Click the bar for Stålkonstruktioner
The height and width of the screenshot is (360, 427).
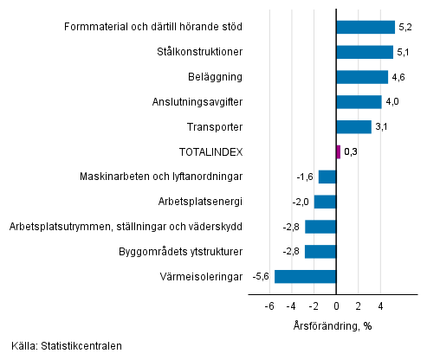click(x=365, y=52)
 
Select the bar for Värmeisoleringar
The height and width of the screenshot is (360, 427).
click(x=305, y=277)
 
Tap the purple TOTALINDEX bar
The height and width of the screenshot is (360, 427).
click(x=338, y=151)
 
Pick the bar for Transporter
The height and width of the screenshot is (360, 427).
click(x=353, y=127)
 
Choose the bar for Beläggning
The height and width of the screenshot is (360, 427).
click(x=362, y=77)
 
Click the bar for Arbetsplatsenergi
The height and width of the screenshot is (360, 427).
click(x=325, y=202)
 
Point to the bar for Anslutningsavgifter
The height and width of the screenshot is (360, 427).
click(x=359, y=102)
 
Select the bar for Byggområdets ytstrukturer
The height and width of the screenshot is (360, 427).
click(x=320, y=252)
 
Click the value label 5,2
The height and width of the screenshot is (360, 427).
click(x=405, y=28)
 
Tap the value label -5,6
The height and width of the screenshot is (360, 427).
click(x=261, y=277)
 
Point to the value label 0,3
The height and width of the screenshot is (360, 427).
click(x=351, y=152)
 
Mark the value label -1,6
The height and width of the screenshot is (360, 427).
click(x=305, y=177)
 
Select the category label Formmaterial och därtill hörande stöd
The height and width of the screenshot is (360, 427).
click(x=153, y=28)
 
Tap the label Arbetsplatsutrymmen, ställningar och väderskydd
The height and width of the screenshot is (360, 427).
click(x=126, y=227)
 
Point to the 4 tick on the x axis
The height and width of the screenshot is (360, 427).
click(x=380, y=306)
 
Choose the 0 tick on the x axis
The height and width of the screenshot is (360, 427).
click(x=336, y=306)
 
